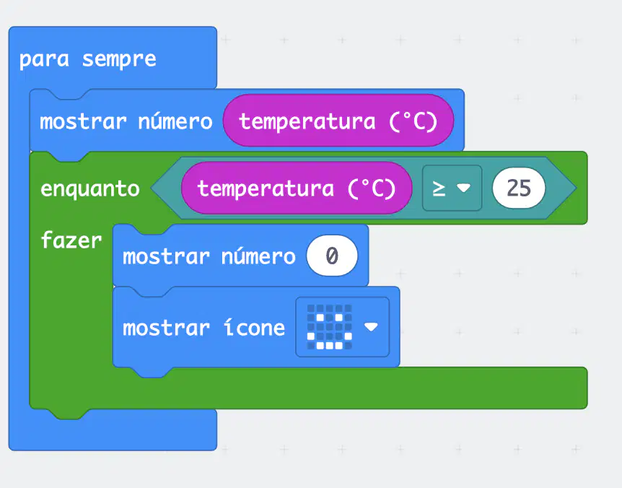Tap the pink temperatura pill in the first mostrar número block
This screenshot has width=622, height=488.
pos(338,121)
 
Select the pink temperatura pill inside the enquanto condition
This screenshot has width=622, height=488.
pos(297,188)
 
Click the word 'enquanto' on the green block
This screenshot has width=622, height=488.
pos(90,189)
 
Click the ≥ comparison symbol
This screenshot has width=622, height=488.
pos(438,188)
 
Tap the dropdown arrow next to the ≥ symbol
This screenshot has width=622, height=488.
pos(463,187)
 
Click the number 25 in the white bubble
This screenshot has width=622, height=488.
pos(519,188)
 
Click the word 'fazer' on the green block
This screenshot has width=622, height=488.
pos(71,240)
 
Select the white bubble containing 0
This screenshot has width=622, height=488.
pos(332,256)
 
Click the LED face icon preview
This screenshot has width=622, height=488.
pos(329,327)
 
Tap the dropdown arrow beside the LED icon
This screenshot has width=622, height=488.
pos(371,326)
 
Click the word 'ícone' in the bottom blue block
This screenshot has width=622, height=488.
pos(254,328)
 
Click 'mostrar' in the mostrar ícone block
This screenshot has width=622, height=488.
pos(166,328)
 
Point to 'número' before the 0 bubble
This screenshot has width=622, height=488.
pos(258,256)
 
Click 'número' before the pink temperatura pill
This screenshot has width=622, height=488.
pos(175,121)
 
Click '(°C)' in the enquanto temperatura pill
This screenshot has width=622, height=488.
pos(372,188)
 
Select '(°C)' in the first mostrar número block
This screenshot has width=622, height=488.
pos(413,121)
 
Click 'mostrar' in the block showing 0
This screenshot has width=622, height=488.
pos(166,257)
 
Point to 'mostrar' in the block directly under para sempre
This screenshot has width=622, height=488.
pos(83,122)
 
